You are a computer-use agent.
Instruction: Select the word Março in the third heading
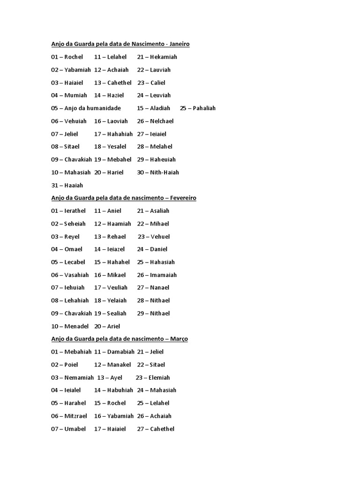[178, 339]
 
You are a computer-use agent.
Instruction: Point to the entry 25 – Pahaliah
[197, 108]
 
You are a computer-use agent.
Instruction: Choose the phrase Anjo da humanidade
[93, 108]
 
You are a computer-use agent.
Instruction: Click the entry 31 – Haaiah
[67, 185]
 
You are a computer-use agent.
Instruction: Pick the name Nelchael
[162, 121]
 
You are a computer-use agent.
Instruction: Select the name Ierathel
[75, 211]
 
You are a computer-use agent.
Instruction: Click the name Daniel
[158, 249]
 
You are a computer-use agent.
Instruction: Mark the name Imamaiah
[164, 275]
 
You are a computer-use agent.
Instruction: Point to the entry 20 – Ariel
[107, 326]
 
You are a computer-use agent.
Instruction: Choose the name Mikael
[116, 275]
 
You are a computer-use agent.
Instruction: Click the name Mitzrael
[75, 416]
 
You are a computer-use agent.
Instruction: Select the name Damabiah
[120, 352]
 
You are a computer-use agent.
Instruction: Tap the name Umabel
[75, 429]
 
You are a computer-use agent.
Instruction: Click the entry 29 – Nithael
[153, 314]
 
